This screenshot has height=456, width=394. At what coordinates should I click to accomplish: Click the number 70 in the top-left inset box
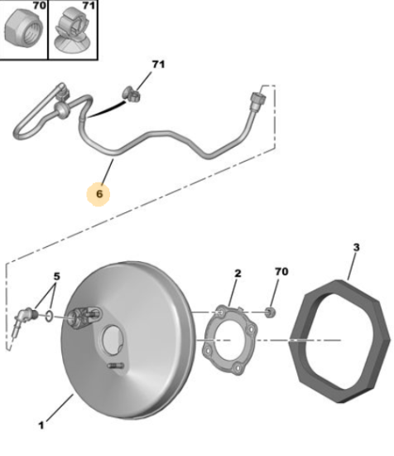(x=39, y=6)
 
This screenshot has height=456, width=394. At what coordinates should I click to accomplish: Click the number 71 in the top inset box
(x=89, y=6)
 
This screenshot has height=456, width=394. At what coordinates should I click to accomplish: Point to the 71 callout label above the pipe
(x=159, y=65)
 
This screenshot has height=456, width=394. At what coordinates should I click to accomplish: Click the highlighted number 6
(x=99, y=194)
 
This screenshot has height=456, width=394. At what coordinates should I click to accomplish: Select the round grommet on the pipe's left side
(x=61, y=110)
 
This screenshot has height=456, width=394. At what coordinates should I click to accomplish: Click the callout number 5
(x=57, y=276)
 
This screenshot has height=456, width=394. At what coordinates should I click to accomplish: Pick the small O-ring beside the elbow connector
(x=49, y=316)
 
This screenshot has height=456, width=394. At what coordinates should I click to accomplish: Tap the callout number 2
(x=238, y=274)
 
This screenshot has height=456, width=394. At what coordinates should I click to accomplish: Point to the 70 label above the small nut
(x=281, y=272)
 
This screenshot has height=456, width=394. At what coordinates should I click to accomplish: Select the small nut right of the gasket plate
(x=271, y=313)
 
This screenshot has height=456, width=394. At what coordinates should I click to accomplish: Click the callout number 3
(x=356, y=247)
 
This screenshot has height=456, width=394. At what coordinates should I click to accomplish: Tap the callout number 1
(x=41, y=425)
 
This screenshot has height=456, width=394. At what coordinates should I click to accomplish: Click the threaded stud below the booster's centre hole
(x=116, y=366)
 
